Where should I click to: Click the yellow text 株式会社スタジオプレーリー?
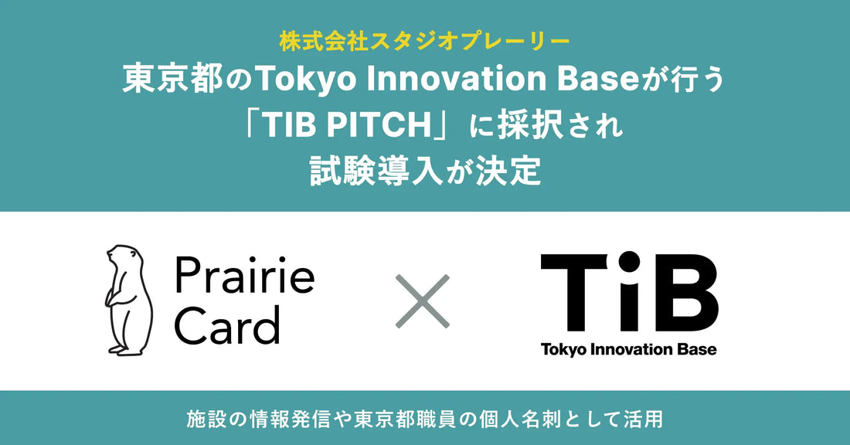[424, 42]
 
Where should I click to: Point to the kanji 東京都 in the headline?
[173, 80]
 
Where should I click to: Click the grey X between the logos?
[422, 301]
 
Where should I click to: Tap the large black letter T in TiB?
[573, 293]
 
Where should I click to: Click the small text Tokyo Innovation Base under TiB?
[628, 350]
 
